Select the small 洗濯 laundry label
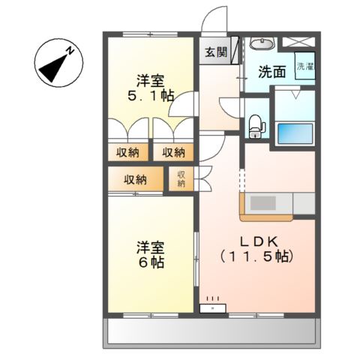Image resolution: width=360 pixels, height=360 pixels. tap(305, 66)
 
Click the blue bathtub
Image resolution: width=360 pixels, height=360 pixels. tap(295, 133)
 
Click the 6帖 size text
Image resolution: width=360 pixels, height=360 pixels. tap(150, 263)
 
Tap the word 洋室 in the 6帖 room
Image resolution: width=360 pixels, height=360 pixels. tap(150, 247)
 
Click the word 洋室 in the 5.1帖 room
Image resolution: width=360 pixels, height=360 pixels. tap(150, 79)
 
